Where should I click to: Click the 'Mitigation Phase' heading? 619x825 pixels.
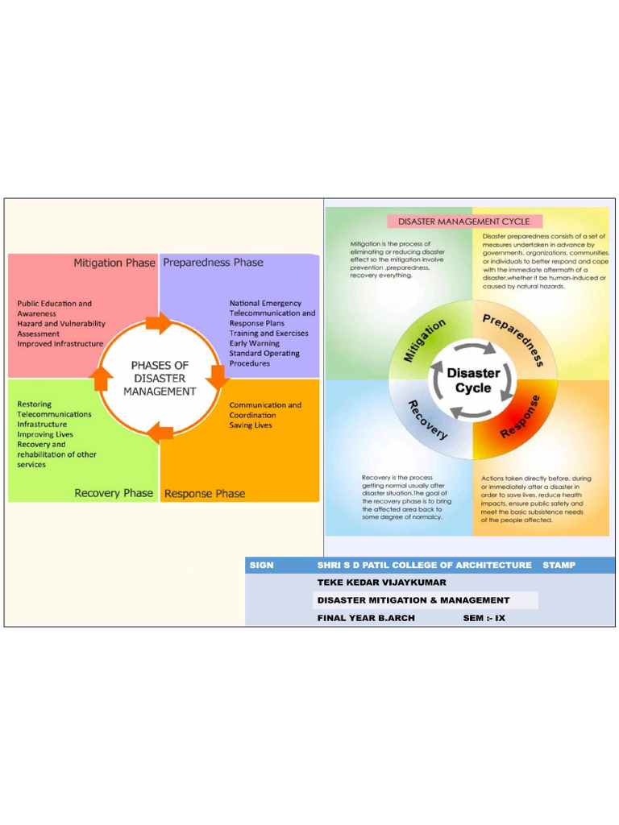pyautogui.click(x=114, y=263)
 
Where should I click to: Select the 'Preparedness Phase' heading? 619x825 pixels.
pyautogui.click(x=213, y=263)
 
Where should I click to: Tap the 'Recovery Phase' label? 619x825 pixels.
pyautogui.click(x=114, y=493)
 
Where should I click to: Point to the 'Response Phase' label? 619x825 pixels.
pyautogui.click(x=205, y=493)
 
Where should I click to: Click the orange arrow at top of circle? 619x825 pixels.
pyautogui.click(x=159, y=324)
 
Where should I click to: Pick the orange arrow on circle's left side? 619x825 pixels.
pyautogui.click(x=102, y=377)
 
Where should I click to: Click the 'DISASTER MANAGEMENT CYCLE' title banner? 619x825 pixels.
pyautogui.click(x=465, y=221)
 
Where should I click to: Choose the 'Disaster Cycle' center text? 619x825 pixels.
pyautogui.click(x=473, y=380)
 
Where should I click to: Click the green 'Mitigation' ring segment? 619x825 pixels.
pyautogui.click(x=425, y=339)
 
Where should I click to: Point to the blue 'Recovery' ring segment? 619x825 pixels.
pyautogui.click(x=426, y=420)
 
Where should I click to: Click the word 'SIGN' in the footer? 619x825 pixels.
pyautogui.click(x=261, y=565)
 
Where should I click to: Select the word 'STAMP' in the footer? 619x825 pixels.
pyautogui.click(x=559, y=565)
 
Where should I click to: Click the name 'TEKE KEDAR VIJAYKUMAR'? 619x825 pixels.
pyautogui.click(x=381, y=582)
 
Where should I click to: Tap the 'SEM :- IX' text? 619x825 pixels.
pyautogui.click(x=484, y=618)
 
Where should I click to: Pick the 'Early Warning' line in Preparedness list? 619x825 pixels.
pyautogui.click(x=254, y=343)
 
